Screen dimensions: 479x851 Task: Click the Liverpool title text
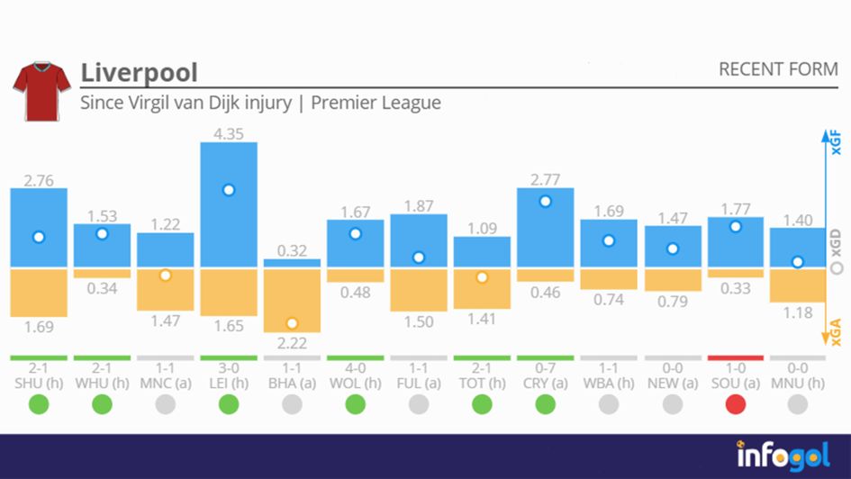coord(139,72)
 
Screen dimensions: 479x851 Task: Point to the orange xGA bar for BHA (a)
coord(292,300)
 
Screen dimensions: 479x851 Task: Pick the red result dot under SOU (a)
coord(736,405)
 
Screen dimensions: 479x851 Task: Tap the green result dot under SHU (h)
coord(39,405)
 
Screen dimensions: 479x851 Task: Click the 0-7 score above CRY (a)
coord(546,369)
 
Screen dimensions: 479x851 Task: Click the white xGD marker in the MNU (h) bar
coord(798,262)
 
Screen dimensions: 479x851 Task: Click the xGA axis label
coord(837,332)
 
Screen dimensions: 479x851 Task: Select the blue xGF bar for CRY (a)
coord(546,228)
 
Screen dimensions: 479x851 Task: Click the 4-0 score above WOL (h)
coord(355,369)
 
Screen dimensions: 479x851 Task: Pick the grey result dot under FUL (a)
coord(419,405)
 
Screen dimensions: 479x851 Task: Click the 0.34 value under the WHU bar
coord(102,289)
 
